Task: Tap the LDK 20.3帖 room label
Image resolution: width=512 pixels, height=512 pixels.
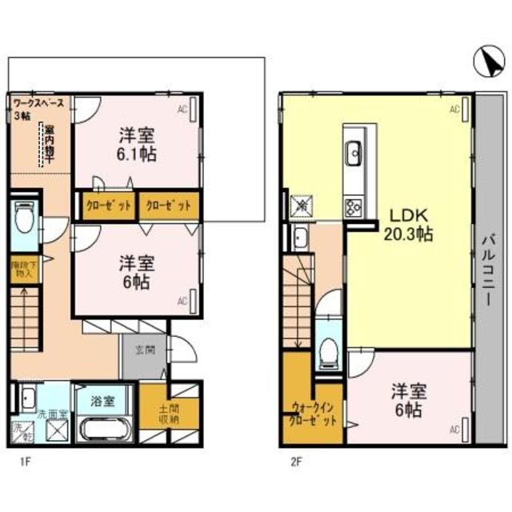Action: coord(410,225)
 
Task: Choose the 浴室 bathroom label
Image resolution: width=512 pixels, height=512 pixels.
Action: coord(102,399)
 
